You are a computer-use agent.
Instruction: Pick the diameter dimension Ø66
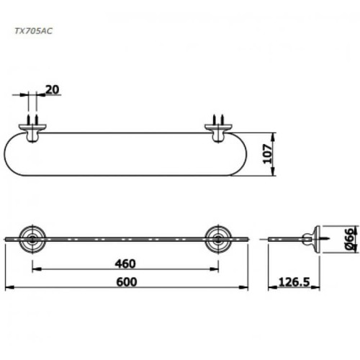pyautogui.click(x=348, y=237)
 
